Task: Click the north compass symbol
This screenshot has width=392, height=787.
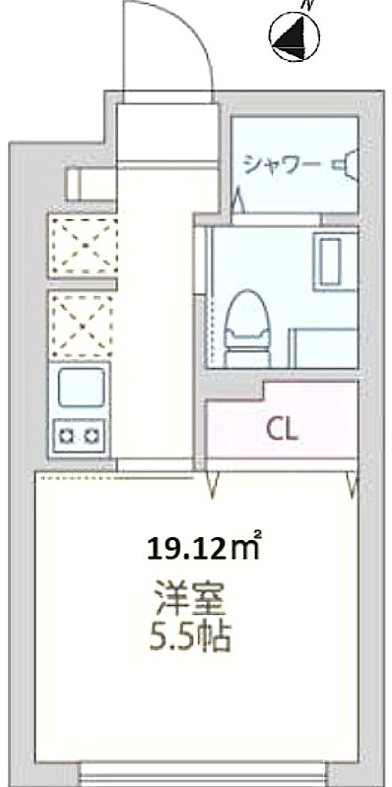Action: tap(294, 36)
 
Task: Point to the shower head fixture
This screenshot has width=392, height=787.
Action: tap(347, 164)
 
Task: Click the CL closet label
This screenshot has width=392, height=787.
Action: tap(283, 430)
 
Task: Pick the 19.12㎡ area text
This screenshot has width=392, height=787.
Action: tap(204, 549)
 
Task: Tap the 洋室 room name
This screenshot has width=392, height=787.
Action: tap(189, 597)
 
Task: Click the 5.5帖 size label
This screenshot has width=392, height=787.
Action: tap(190, 636)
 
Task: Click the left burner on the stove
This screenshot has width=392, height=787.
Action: tap(65, 435)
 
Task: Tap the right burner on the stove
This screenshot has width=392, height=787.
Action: tap(92, 435)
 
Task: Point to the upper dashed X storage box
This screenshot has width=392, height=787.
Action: tap(85, 245)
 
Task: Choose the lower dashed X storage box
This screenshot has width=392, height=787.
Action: tap(81, 326)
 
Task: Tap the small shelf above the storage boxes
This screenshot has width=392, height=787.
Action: tap(92, 184)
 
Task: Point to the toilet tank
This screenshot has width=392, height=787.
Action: tap(248, 358)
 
